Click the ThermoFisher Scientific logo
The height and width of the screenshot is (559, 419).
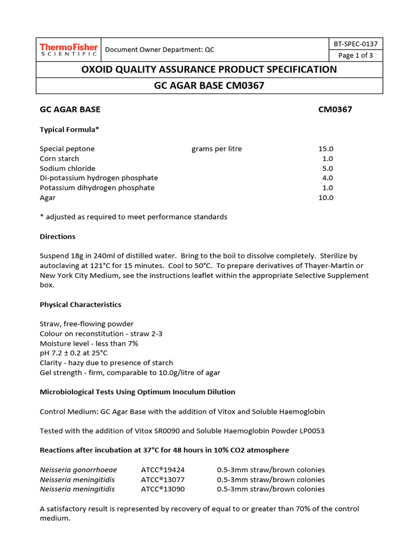tap(68, 50)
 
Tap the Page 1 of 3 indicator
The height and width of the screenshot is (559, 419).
tap(355, 56)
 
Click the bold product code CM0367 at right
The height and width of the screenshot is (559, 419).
tap(335, 109)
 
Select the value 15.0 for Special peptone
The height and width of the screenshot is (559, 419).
tap(326, 148)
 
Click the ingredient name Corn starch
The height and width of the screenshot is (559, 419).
tap(59, 158)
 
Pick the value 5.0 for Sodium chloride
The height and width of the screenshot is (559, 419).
tap(327, 168)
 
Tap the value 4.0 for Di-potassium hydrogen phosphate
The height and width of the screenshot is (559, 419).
tap(327, 178)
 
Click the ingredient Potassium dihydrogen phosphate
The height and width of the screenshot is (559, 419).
tap(97, 188)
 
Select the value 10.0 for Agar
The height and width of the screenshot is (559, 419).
tap(326, 198)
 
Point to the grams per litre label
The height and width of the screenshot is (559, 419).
tap(217, 148)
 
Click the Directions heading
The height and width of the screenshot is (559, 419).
tap(57, 236)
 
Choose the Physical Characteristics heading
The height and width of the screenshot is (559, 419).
tap(80, 304)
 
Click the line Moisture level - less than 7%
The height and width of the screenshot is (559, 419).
tap(89, 343)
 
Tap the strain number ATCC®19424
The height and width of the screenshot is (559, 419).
tap(163, 469)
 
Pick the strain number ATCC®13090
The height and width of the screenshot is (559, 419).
tap(163, 489)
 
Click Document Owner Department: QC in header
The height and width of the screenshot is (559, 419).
tap(159, 50)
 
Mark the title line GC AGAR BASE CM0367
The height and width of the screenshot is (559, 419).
tap(209, 86)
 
